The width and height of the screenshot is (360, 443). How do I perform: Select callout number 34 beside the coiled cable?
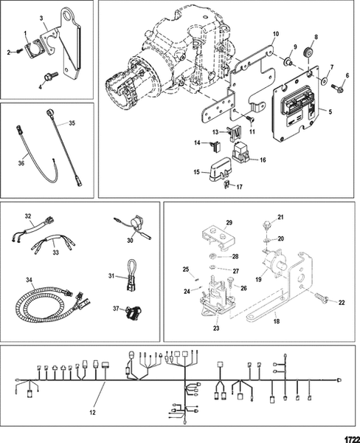[x=29, y=280]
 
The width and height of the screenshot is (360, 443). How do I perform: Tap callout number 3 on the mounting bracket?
[x=41, y=16]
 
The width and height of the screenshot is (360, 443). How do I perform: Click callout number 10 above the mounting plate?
[x=276, y=35]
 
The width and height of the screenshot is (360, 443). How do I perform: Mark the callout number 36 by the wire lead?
[x=19, y=164]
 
